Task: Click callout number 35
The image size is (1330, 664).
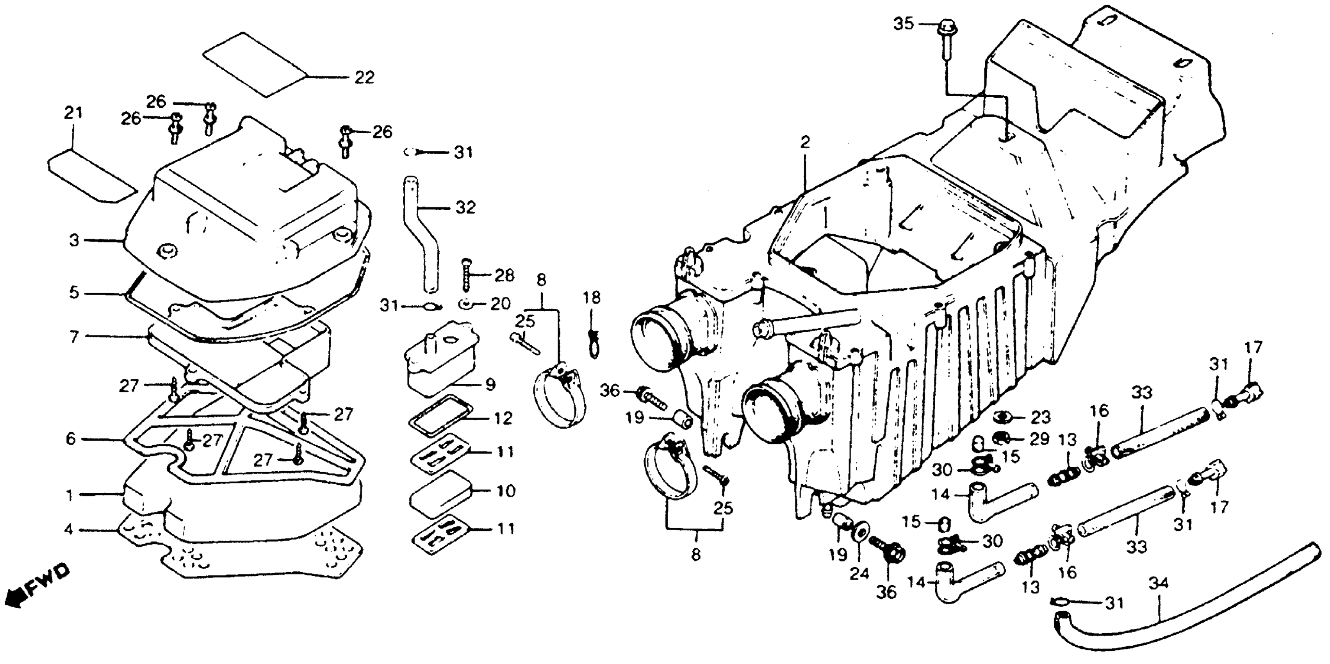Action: (904, 24)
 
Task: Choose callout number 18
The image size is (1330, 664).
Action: (592, 298)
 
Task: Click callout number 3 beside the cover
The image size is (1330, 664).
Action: (74, 241)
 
